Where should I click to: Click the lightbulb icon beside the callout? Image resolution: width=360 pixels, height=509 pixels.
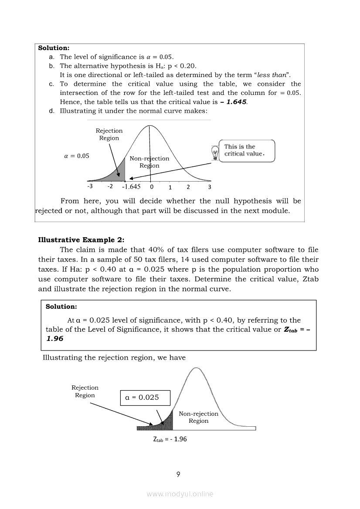point(214,153)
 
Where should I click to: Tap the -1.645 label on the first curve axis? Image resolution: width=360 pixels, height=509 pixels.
point(131,187)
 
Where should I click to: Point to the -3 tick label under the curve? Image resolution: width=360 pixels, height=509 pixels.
point(90,186)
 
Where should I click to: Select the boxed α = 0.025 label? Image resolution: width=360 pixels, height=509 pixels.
point(145,398)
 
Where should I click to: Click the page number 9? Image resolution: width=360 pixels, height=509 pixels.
point(178,475)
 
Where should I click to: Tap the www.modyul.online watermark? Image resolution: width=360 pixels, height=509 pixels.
point(180,494)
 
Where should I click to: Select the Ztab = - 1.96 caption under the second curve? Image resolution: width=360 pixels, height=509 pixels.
point(170,439)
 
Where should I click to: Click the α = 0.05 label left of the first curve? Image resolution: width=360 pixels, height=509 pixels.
point(77,156)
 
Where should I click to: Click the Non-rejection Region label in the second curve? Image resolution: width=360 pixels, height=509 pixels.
point(199,417)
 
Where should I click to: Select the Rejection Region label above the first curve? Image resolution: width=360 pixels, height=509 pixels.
point(109,134)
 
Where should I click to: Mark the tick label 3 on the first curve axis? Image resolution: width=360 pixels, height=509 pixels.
point(209,187)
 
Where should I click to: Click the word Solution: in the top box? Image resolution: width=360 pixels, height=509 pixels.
point(54,48)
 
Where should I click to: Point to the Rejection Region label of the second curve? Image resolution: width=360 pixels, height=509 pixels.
point(85,391)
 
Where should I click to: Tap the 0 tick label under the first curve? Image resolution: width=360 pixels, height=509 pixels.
point(152,187)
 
